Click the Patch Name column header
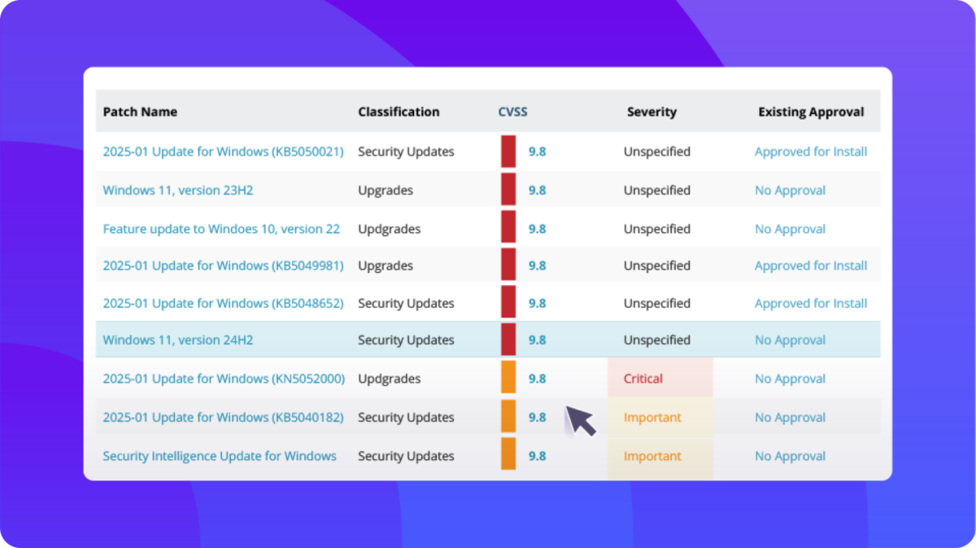[x=140, y=112]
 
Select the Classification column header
[x=399, y=112]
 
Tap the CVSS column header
[x=512, y=112]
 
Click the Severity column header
[x=651, y=112]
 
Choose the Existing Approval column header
[x=811, y=112]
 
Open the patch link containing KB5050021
[x=223, y=151]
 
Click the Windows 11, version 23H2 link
[x=176, y=191]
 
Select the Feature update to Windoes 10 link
[x=221, y=229]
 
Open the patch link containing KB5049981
[x=223, y=265]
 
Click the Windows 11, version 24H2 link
[x=177, y=340]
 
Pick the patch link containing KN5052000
[x=224, y=379]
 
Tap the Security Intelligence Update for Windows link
[x=220, y=456]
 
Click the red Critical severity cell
[x=643, y=379]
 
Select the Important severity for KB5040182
[x=652, y=418]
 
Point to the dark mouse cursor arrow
[x=580, y=420]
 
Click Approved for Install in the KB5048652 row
[x=811, y=303]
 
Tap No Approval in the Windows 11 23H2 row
[x=790, y=191]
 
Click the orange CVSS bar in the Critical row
[x=508, y=379]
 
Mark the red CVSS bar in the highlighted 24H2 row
[x=508, y=340]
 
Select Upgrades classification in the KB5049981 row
[x=386, y=265]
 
